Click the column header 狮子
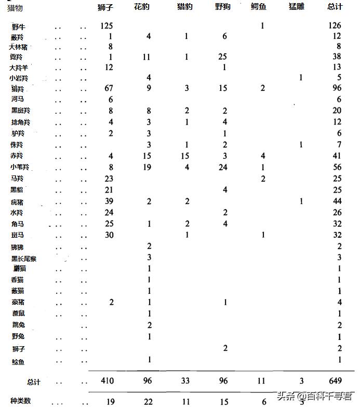pyautogui.click(x=105, y=8)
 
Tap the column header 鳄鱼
pyautogui.click(x=259, y=8)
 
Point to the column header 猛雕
pyautogui.click(x=297, y=8)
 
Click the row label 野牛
pyautogui.click(x=19, y=26)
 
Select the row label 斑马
pyautogui.click(x=18, y=235)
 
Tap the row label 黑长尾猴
pyautogui.click(x=24, y=258)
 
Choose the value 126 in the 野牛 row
pyautogui.click(x=335, y=25)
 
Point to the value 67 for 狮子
pyautogui.click(x=109, y=89)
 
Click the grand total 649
pyautogui.click(x=335, y=380)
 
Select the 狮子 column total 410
pyautogui.click(x=108, y=380)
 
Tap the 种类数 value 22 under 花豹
pyautogui.click(x=148, y=401)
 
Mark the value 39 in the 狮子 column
pyautogui.click(x=109, y=201)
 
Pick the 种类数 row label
pyautogui.click(x=20, y=401)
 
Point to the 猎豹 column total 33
pyautogui.click(x=184, y=380)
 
